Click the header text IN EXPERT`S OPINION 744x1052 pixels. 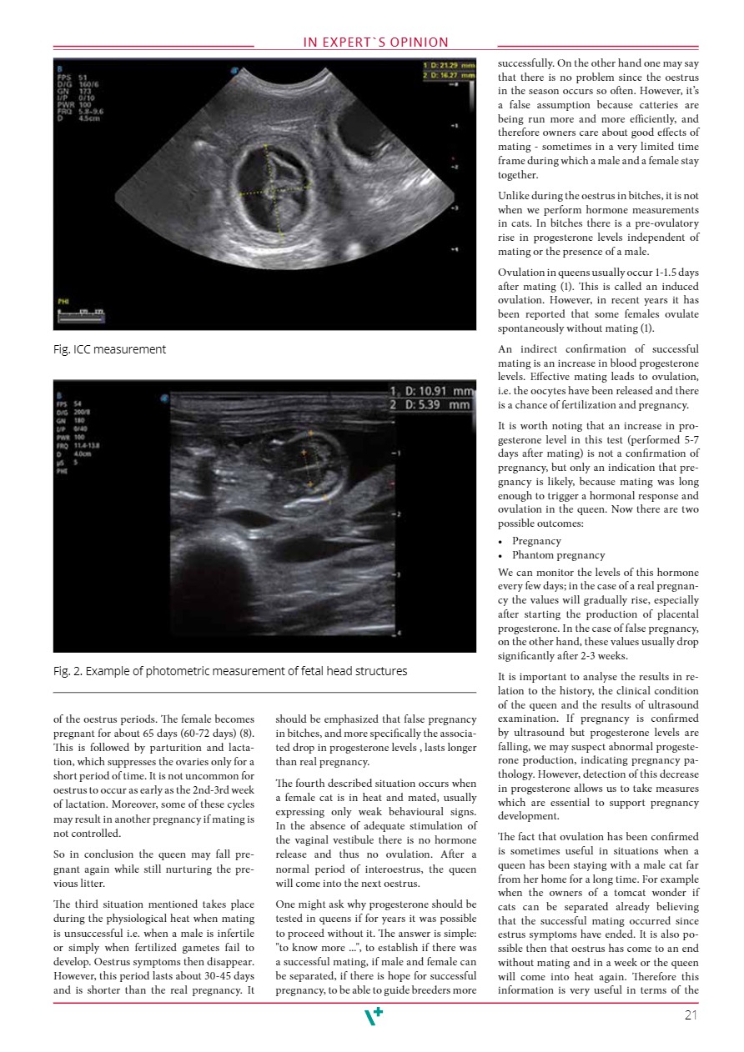click(375, 43)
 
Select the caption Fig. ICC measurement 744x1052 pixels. click(109, 349)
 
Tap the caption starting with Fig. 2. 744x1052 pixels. click(230, 671)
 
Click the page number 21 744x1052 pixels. click(690, 1014)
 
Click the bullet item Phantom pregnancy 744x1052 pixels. click(558, 555)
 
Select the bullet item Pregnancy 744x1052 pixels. click(536, 541)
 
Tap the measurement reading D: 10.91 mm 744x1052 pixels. click(436, 391)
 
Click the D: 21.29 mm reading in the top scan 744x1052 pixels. click(450, 64)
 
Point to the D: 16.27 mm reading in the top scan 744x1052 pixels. click(450, 75)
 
